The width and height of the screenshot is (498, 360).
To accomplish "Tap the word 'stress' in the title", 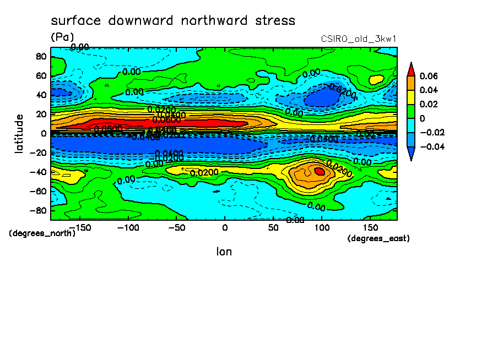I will [x=274, y=21].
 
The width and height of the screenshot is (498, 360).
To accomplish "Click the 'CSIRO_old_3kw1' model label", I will [x=359, y=39].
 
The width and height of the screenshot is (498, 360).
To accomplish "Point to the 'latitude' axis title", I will [x=19, y=133].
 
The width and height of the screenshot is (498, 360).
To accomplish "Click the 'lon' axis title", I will [x=224, y=252].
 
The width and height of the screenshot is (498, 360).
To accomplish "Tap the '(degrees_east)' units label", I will [x=378, y=238].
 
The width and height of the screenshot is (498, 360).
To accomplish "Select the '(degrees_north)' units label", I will [x=42, y=233].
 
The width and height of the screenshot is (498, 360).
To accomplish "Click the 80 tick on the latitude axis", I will [x=40, y=56].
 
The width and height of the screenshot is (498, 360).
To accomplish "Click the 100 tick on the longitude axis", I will [x=322, y=227].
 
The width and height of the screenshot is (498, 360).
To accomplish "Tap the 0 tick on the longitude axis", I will [x=224, y=227].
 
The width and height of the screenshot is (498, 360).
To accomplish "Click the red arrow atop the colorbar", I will [x=411, y=68].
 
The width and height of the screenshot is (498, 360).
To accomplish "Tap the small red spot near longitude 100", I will [x=320, y=171].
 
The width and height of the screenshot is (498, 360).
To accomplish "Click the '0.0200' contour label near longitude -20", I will [x=204, y=173].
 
